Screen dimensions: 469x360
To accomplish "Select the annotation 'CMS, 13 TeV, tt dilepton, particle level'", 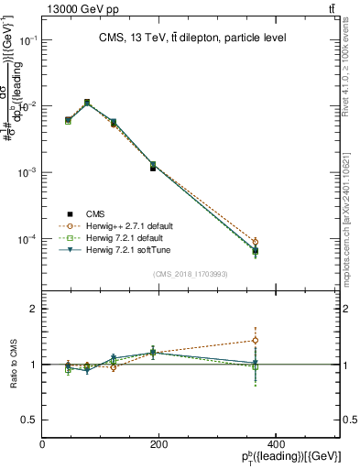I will tap(192, 38).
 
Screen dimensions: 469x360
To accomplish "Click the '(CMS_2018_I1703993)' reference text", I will tap(191, 273).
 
